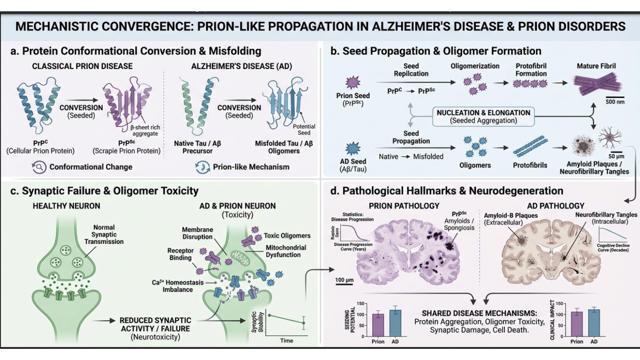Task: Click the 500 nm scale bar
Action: click(x=615, y=97)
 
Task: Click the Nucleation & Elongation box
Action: click(x=483, y=116)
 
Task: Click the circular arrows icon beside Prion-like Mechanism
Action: click(x=202, y=167)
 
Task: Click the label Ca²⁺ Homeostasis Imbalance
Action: click(x=172, y=286)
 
